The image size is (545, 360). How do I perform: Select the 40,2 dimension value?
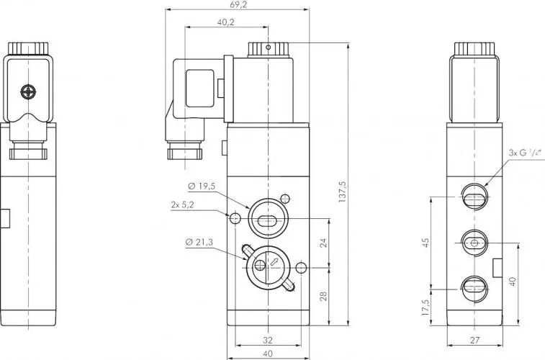tap(226, 22)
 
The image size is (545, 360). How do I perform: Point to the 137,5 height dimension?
tap(343, 192)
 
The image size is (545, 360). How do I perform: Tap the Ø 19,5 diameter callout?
tap(202, 186)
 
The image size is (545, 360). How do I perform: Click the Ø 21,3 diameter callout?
tap(199, 242)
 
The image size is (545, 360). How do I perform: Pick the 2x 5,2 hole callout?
tap(182, 205)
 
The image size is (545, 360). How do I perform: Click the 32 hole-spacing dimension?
tap(268, 340)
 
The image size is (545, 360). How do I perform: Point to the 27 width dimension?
tap(474, 340)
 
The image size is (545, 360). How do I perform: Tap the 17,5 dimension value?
tap(425, 307)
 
